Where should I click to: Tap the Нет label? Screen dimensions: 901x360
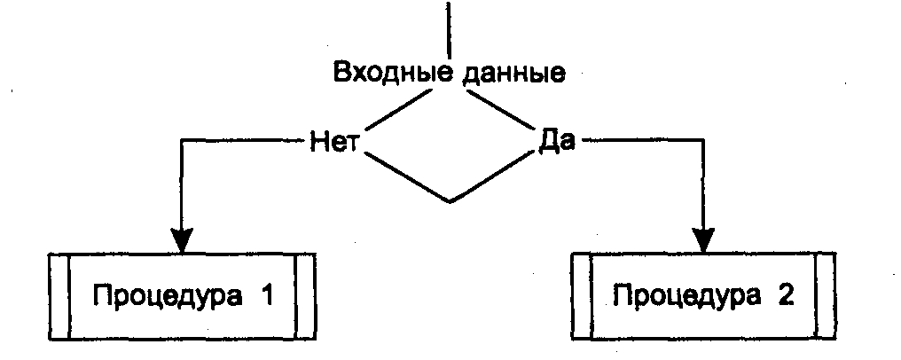(333, 142)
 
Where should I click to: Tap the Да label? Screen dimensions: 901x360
(557, 142)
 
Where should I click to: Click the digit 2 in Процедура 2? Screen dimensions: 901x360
(784, 293)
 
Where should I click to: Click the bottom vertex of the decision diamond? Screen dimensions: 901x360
(450, 201)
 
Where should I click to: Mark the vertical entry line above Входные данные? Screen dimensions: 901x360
(450, 27)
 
